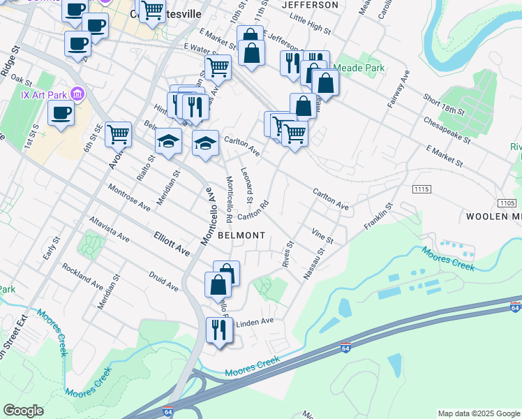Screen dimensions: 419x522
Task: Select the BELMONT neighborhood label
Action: (x=241, y=235)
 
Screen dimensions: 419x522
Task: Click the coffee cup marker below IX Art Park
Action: (x=61, y=112)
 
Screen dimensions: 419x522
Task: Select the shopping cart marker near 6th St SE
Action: (x=119, y=134)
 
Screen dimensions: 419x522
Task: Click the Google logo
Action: (x=23, y=411)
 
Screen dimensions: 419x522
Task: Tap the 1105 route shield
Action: (x=507, y=203)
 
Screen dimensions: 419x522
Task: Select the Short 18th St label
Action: (x=443, y=105)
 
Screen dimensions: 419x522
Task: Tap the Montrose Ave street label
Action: (x=129, y=198)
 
